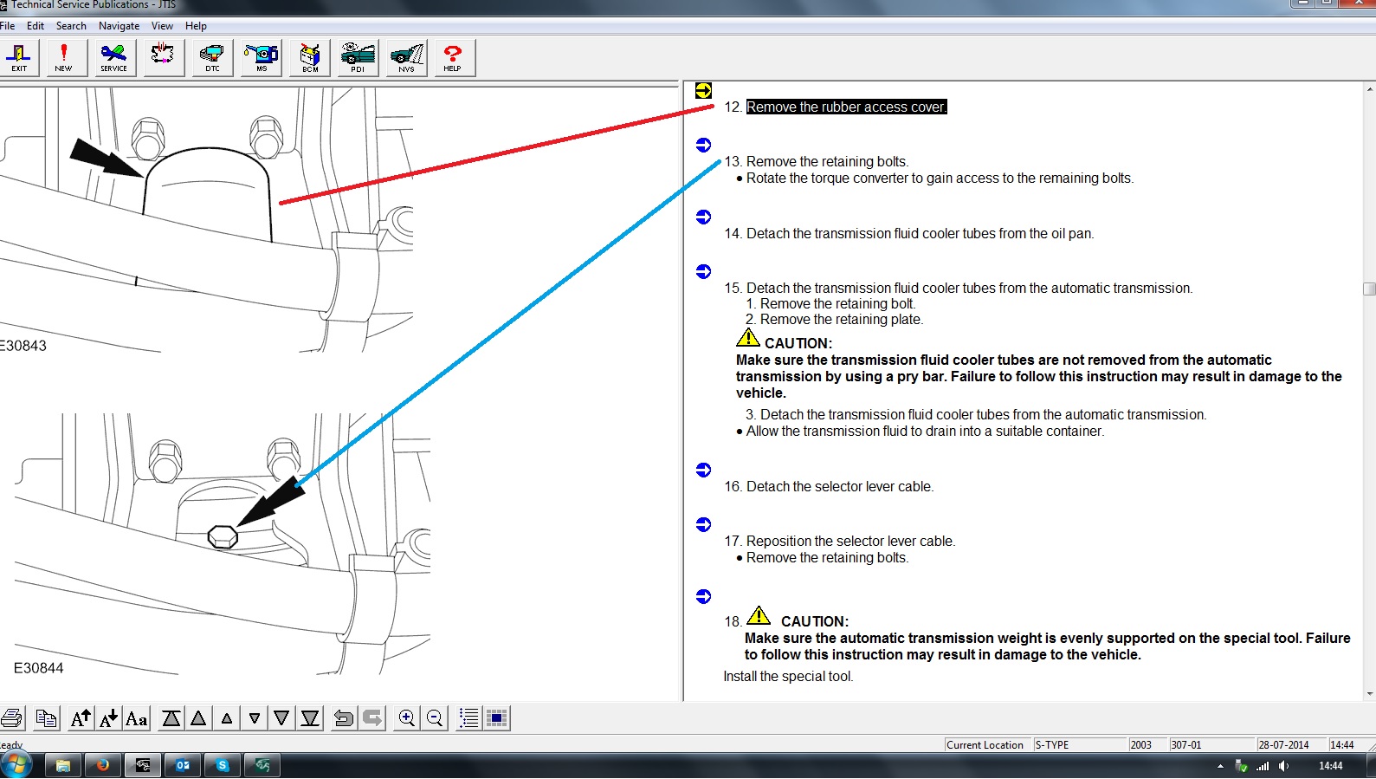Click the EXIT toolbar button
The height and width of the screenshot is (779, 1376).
(x=19, y=58)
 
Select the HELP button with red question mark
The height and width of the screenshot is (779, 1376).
(x=452, y=58)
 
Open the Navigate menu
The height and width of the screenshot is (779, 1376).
(x=120, y=26)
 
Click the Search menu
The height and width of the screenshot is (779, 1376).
(x=71, y=26)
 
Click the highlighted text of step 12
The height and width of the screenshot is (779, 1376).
(x=847, y=107)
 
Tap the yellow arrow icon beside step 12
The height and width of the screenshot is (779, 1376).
(x=703, y=91)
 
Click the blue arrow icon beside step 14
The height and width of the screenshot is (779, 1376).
(x=703, y=217)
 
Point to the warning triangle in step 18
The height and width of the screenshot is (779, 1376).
(x=759, y=615)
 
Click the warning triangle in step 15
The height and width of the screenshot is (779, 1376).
(x=748, y=338)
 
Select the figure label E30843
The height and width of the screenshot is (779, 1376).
(x=23, y=346)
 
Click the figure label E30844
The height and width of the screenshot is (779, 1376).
(x=39, y=668)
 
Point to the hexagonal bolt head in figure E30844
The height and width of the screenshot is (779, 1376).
(x=223, y=536)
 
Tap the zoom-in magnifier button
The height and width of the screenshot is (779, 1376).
(x=406, y=718)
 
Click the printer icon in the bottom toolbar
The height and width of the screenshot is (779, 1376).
(x=11, y=718)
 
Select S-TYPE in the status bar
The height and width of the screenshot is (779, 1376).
(x=1051, y=745)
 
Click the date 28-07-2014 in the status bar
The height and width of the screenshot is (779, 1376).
(x=1283, y=745)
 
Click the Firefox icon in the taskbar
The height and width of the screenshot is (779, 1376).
(x=102, y=765)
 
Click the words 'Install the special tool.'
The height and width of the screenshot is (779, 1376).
(x=788, y=677)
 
